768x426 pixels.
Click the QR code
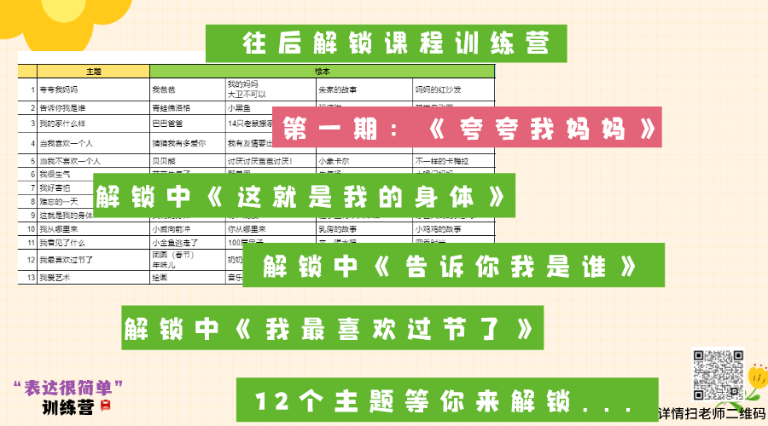click(x=718, y=375)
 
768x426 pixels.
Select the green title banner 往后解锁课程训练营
click(x=387, y=43)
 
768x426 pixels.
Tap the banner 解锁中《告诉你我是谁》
click(x=453, y=265)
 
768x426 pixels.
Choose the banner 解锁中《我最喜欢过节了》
click(x=332, y=327)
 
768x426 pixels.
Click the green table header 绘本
click(x=323, y=72)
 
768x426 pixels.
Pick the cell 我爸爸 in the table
click(x=164, y=89)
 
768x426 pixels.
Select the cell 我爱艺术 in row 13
click(x=56, y=278)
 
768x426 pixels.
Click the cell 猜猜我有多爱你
click(x=178, y=143)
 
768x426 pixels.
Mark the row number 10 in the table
click(x=31, y=229)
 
